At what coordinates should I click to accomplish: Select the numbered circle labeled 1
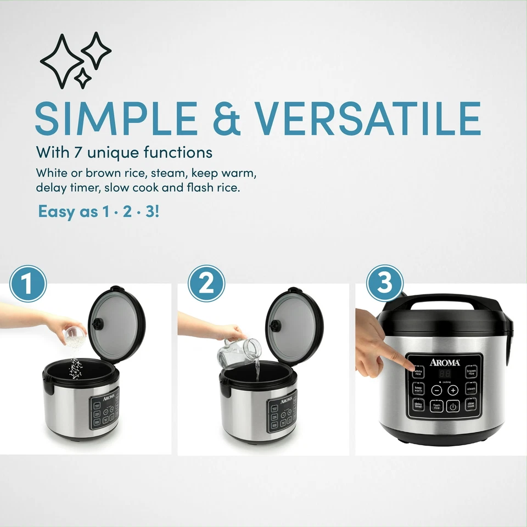(28, 284)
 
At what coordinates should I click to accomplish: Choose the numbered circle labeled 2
(206, 284)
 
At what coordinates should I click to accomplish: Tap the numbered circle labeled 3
(384, 283)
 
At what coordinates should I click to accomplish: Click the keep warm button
(418, 389)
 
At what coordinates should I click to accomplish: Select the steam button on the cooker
(471, 389)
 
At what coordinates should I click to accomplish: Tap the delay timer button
(418, 405)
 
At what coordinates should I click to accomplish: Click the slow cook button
(471, 405)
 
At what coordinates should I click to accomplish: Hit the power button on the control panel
(453, 406)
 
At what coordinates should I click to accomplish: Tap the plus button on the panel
(453, 390)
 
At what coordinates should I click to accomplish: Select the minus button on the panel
(436, 390)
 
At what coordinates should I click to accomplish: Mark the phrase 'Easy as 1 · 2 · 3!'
(99, 211)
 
